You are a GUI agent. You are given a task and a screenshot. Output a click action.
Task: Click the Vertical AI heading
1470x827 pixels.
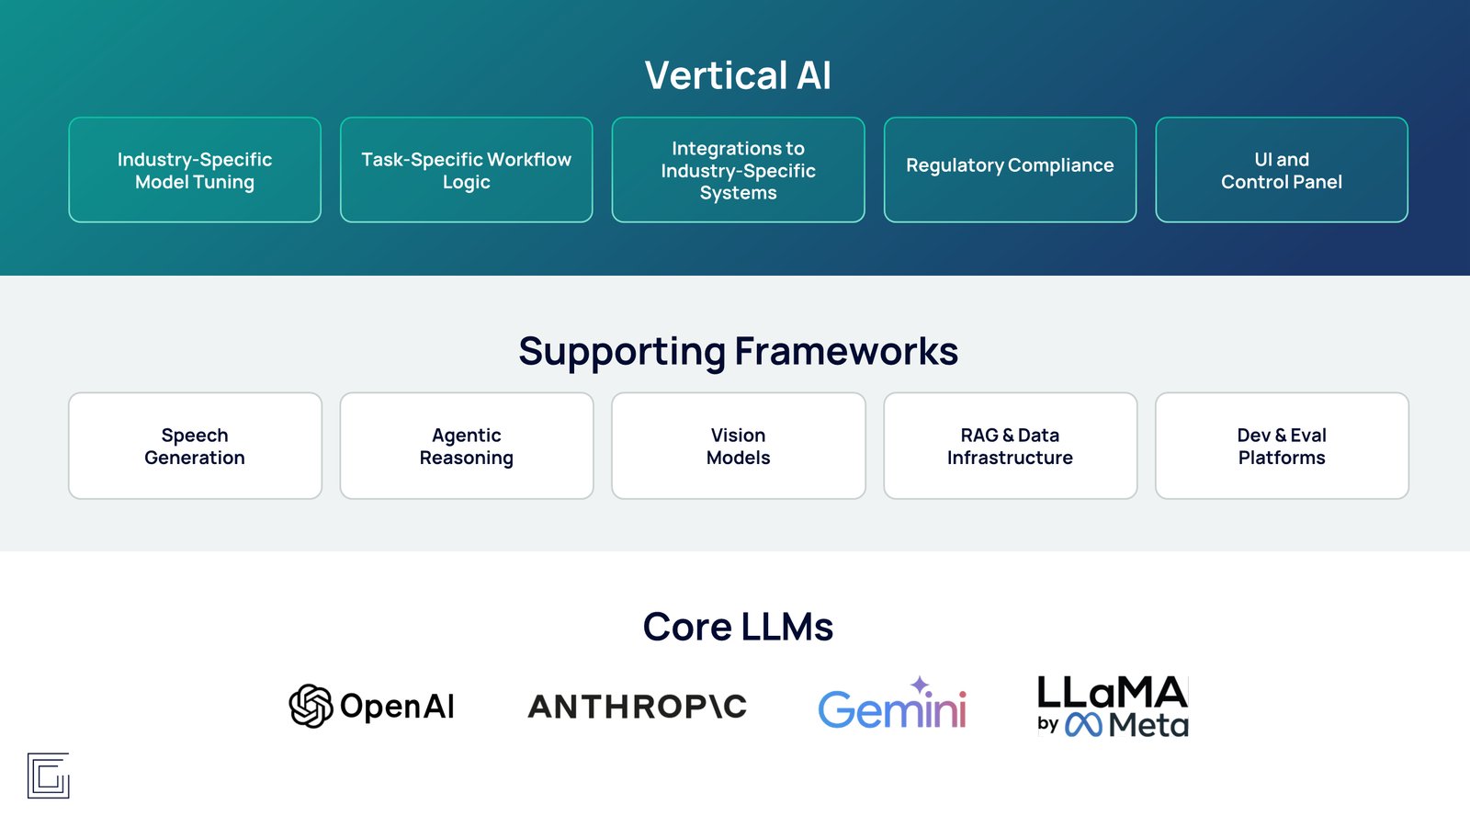[x=738, y=74]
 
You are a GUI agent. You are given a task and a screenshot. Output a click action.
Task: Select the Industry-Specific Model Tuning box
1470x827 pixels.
[x=195, y=170]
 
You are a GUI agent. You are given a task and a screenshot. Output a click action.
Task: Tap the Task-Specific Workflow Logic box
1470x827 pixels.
[x=467, y=170]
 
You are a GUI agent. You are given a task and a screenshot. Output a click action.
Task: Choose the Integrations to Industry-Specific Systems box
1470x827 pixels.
[x=739, y=170]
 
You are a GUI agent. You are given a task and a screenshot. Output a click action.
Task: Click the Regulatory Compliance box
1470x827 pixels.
[x=1010, y=170]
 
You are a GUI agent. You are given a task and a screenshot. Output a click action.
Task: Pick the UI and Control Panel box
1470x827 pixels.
[x=1282, y=170]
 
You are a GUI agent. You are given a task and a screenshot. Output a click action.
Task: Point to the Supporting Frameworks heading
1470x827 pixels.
[x=739, y=351]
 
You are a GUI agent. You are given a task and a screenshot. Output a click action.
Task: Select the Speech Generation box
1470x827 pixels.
[x=195, y=446]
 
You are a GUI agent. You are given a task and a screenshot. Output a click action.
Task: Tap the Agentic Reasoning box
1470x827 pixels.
[x=467, y=446]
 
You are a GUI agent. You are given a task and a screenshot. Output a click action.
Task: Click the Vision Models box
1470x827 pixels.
[x=739, y=446]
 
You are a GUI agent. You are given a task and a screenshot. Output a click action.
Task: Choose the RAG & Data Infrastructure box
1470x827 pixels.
[x=1010, y=446]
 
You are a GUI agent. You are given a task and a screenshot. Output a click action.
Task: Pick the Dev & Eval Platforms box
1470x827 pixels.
[x=1282, y=446]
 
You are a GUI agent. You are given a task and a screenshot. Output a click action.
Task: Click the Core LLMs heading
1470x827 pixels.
[x=739, y=626]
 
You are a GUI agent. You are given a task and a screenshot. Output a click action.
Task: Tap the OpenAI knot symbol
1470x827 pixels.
[x=311, y=706]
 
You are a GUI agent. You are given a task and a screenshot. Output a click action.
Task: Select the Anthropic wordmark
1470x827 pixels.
[x=638, y=707]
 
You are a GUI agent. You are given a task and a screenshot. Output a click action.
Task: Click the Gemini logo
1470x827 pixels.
[x=892, y=703]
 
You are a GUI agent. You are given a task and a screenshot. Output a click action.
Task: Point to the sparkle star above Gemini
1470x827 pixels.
[x=920, y=685]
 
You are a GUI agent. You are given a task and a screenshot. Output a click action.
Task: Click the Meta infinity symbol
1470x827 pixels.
[x=1083, y=725]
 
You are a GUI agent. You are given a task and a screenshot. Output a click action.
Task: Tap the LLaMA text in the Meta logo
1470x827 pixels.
[x=1113, y=692]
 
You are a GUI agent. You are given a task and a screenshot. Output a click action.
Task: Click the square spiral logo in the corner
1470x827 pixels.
[x=48, y=776]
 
